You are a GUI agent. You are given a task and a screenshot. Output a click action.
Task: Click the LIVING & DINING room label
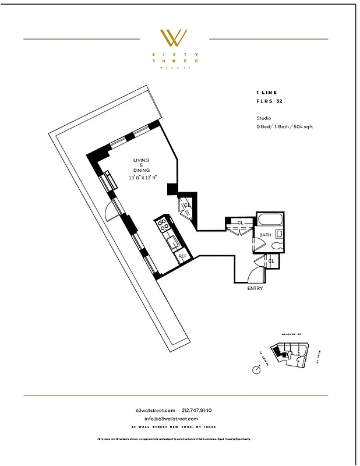click(141, 165)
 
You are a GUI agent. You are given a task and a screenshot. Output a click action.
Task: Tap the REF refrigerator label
click(182, 256)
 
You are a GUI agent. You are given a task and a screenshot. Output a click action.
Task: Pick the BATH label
click(265, 235)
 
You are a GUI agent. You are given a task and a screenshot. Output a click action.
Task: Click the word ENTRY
click(255, 288)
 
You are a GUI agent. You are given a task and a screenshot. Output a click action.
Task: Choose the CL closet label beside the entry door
click(271, 261)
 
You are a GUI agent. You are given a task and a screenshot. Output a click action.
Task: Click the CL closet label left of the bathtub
click(240, 223)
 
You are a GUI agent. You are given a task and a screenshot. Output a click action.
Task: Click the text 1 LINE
click(266, 92)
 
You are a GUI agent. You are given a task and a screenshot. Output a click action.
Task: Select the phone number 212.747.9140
click(201, 411)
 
